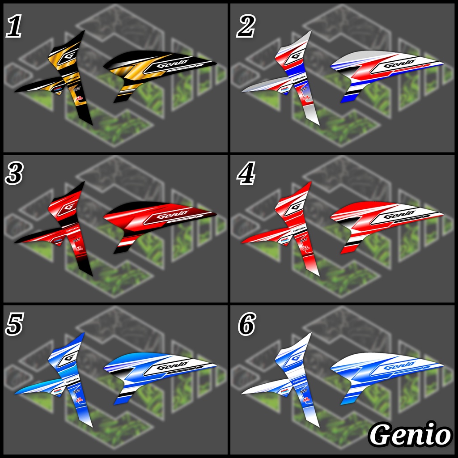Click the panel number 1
(14, 28)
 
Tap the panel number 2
(246, 28)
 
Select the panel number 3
(14, 174)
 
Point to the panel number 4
(246, 174)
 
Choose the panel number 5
(14, 325)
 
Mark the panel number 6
(246, 325)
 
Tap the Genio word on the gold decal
(170, 65)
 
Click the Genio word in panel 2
(397, 65)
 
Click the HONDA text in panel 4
(300, 229)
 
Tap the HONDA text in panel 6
(300, 380)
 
